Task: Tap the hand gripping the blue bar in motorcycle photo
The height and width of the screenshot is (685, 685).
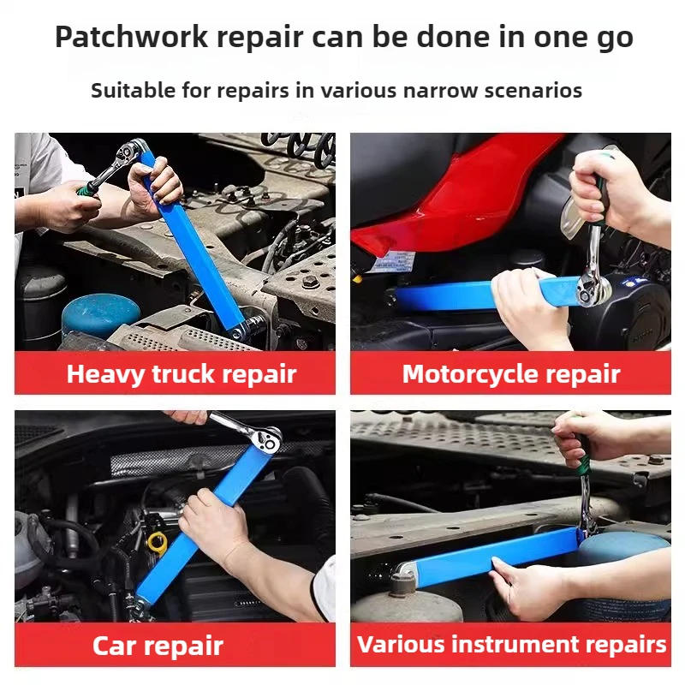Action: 527,304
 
